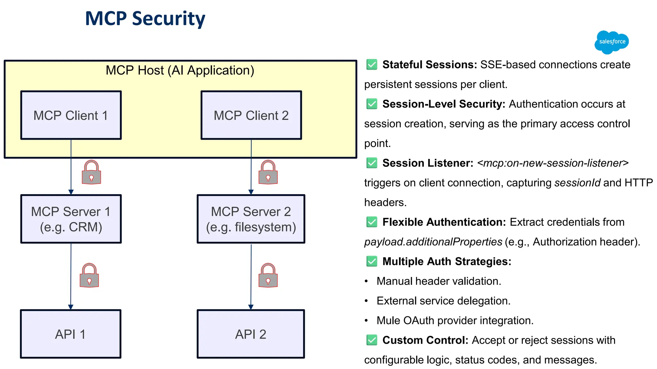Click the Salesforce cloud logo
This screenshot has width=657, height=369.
click(611, 42)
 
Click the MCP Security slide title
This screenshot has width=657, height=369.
click(145, 19)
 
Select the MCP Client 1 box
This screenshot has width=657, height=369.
click(71, 115)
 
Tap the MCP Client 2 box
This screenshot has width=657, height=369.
click(251, 115)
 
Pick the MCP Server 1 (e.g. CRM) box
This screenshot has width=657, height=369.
click(71, 219)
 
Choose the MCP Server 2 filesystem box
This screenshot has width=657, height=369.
click(251, 219)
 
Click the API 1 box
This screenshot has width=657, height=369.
click(71, 334)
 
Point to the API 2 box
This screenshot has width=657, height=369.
click(251, 334)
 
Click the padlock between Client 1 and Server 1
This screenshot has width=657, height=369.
click(91, 173)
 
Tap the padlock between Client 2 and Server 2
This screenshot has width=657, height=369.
click(268, 173)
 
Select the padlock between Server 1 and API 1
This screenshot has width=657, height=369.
click(89, 276)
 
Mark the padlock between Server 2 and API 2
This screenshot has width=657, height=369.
click(268, 276)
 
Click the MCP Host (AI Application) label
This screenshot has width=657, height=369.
click(180, 70)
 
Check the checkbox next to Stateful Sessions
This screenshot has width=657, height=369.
click(372, 64)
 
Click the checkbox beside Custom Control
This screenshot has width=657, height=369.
click(372, 340)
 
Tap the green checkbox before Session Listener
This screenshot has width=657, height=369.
click(372, 163)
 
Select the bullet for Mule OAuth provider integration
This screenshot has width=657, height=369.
click(366, 321)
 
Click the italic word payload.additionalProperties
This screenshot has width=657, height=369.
click(433, 242)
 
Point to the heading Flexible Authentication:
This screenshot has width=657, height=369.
click(444, 222)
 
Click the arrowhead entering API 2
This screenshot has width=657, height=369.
click(251, 307)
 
